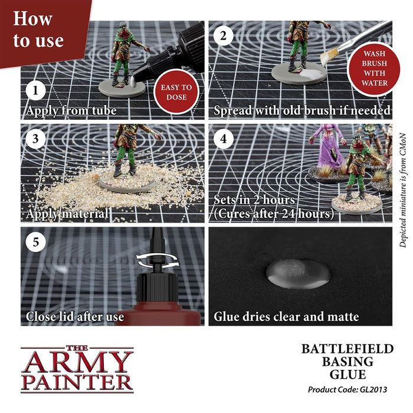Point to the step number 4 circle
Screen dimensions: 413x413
(222, 139)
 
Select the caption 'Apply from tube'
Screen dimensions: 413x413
(71, 110)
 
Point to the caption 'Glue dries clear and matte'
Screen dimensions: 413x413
(286, 317)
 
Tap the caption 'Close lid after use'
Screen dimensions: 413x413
(75, 317)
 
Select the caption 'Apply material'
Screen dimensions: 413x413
(66, 214)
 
